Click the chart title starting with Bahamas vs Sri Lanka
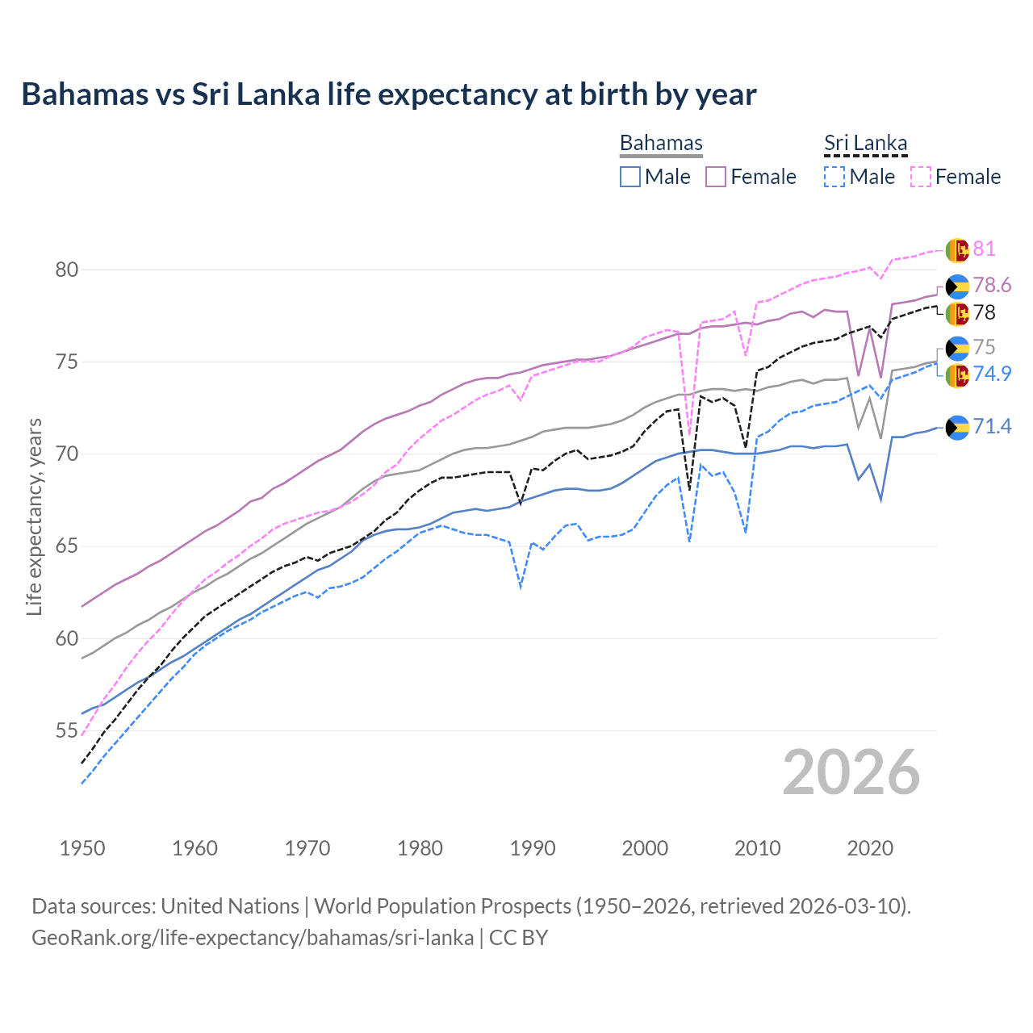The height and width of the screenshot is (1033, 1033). (x=388, y=94)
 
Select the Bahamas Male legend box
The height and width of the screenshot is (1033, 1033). (x=630, y=177)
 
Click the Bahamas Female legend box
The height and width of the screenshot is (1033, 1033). (x=717, y=177)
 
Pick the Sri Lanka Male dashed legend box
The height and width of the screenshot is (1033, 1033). (x=834, y=177)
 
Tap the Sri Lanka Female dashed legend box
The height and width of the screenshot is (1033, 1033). (x=921, y=177)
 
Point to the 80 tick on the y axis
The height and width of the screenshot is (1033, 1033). (x=67, y=270)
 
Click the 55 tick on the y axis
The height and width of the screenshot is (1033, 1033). (x=67, y=731)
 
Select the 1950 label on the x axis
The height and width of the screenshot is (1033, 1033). (x=82, y=848)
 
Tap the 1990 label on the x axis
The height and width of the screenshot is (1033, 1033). (x=533, y=848)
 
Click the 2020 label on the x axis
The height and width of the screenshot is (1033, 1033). (x=870, y=848)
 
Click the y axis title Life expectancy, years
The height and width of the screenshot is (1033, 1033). (x=34, y=516)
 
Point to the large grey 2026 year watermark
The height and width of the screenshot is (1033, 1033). (x=851, y=772)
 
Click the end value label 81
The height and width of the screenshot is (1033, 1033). (x=984, y=249)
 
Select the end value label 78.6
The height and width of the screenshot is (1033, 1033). (x=992, y=285)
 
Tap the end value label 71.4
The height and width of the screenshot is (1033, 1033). (x=992, y=426)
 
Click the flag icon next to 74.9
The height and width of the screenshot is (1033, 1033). (x=957, y=375)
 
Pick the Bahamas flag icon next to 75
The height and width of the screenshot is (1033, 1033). (x=957, y=348)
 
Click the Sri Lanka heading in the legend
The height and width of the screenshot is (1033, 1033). (x=865, y=143)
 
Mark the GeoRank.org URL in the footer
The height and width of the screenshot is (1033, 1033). (x=253, y=938)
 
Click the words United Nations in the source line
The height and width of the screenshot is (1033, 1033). (x=230, y=906)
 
